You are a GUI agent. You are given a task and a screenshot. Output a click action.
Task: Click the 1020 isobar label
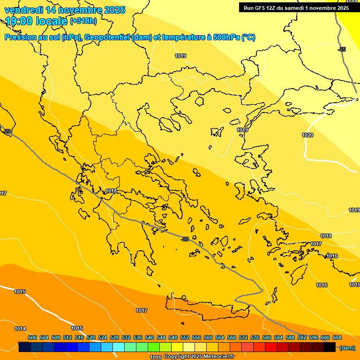tap(307, 135)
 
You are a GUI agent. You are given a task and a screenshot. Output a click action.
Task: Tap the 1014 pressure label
tap(20, 329)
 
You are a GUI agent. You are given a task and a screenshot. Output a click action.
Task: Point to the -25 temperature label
tap(342, 49)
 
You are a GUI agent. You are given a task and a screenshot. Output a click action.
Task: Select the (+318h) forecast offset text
tap(83, 21)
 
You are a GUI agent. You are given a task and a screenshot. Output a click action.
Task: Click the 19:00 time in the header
tap(18, 21)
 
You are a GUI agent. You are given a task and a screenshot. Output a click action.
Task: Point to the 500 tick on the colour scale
tap(32, 337)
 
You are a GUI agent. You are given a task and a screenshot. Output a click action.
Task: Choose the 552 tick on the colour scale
tap(185, 337)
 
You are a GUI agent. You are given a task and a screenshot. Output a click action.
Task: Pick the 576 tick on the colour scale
tap(255, 337)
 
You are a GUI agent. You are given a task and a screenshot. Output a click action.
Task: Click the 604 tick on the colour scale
tap(337, 337)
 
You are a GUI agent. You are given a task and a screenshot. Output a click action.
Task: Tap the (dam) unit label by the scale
tap(347, 348)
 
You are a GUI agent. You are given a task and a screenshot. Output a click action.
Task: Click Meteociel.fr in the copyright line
tap(218, 357)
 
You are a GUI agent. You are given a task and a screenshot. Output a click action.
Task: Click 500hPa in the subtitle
tap(226, 37)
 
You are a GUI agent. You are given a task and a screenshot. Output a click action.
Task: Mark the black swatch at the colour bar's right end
tap(330, 347)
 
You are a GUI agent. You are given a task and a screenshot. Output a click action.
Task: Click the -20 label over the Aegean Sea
tap(185, 239)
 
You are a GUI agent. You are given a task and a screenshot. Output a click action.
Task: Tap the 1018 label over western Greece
tap(111, 191)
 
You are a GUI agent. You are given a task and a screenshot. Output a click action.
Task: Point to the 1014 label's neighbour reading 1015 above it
tap(20, 292)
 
